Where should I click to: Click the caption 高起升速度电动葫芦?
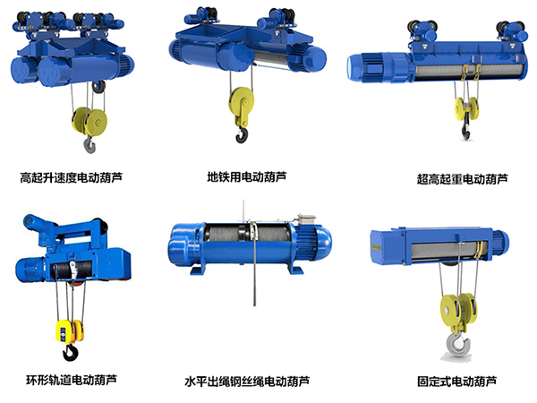point(71,177)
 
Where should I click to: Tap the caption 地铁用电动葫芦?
point(247,176)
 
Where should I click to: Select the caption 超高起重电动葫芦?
point(462,179)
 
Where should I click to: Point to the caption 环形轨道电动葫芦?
point(72,380)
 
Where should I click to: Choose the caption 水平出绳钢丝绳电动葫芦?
point(247,382)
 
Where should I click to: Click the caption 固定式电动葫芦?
point(456,382)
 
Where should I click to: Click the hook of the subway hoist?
point(242,134)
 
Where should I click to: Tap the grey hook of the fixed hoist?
point(457,346)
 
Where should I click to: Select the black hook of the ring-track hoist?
point(70,352)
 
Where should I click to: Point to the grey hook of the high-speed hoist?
point(89,144)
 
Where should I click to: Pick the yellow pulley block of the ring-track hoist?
point(70,331)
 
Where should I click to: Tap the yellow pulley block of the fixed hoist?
point(458,311)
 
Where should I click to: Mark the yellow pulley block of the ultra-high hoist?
point(466,108)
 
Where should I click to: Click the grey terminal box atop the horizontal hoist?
point(306,219)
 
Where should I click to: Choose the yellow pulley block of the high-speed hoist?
point(89,121)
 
